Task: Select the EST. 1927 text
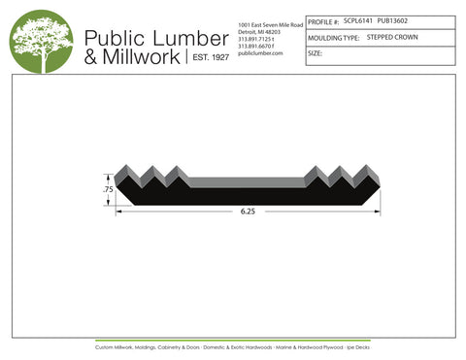(x=206, y=57)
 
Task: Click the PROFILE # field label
(x=322, y=20)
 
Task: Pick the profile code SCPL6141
(x=358, y=19)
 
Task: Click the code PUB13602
(x=392, y=19)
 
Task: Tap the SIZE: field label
(x=315, y=54)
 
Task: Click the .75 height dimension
(x=108, y=190)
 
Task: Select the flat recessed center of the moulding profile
(x=247, y=182)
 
